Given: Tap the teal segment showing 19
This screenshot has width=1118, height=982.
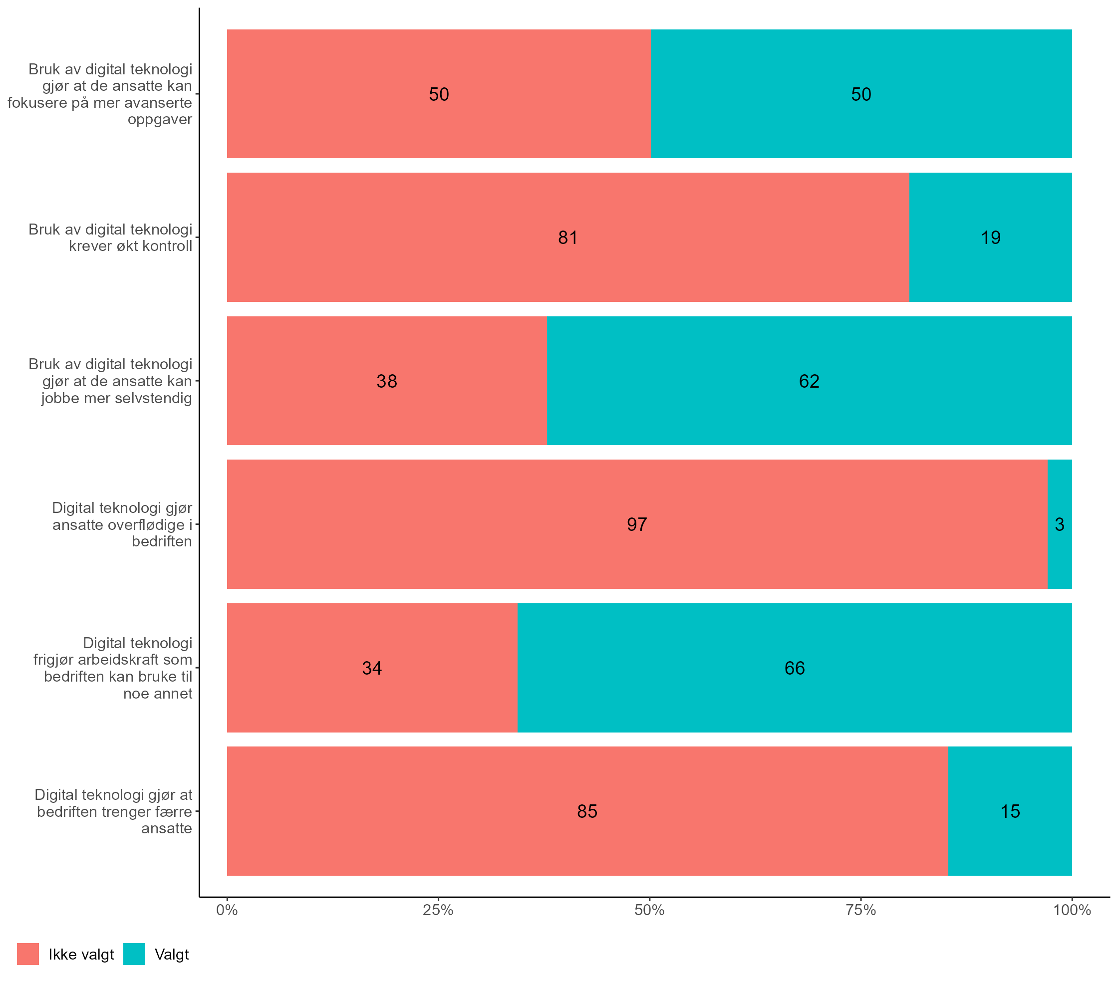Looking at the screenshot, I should (x=990, y=262).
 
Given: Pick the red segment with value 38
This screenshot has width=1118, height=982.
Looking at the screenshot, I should (x=386, y=405).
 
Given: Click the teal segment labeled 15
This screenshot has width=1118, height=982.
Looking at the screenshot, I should (x=1010, y=837).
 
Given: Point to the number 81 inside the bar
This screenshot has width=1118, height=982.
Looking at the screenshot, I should (x=568, y=238).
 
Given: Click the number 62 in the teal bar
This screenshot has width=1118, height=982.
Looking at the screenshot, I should (x=809, y=381).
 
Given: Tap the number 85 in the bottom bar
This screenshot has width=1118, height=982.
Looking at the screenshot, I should (x=587, y=811).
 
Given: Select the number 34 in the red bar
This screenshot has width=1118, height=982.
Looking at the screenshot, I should (x=372, y=668).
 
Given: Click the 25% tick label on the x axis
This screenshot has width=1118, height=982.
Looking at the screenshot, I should (x=438, y=910).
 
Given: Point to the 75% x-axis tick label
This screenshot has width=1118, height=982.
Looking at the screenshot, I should (x=860, y=910).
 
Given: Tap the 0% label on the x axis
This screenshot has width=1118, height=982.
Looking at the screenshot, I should (x=227, y=910).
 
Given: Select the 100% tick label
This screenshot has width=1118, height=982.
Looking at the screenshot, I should (x=1072, y=910).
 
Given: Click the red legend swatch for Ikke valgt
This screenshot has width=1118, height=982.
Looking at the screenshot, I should (x=28, y=954).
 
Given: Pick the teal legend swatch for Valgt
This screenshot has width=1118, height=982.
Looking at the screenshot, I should (x=134, y=954).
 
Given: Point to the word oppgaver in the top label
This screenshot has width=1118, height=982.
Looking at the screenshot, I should (x=160, y=119).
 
